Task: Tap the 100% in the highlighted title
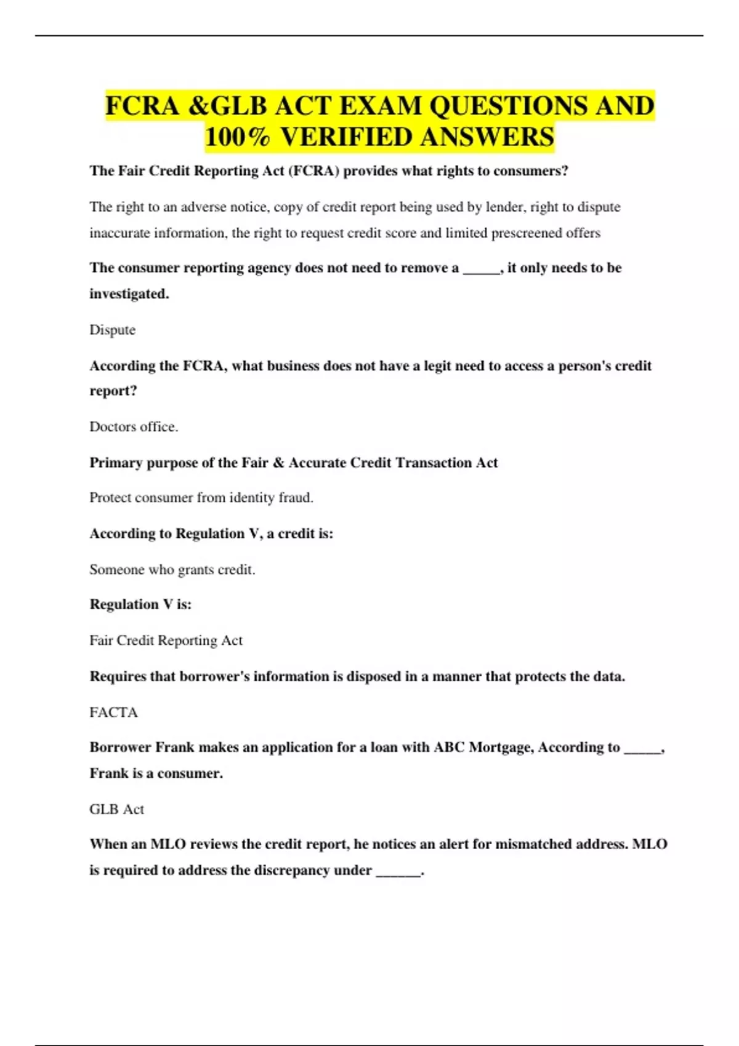click(237, 137)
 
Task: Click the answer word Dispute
click(112, 330)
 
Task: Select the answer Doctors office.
click(134, 426)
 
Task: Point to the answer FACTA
click(113, 712)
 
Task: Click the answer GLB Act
click(116, 808)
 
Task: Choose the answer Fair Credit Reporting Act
click(166, 640)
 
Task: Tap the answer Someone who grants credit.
click(172, 569)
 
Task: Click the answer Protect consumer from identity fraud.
click(201, 497)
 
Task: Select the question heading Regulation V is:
click(140, 604)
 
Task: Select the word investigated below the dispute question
click(128, 293)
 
